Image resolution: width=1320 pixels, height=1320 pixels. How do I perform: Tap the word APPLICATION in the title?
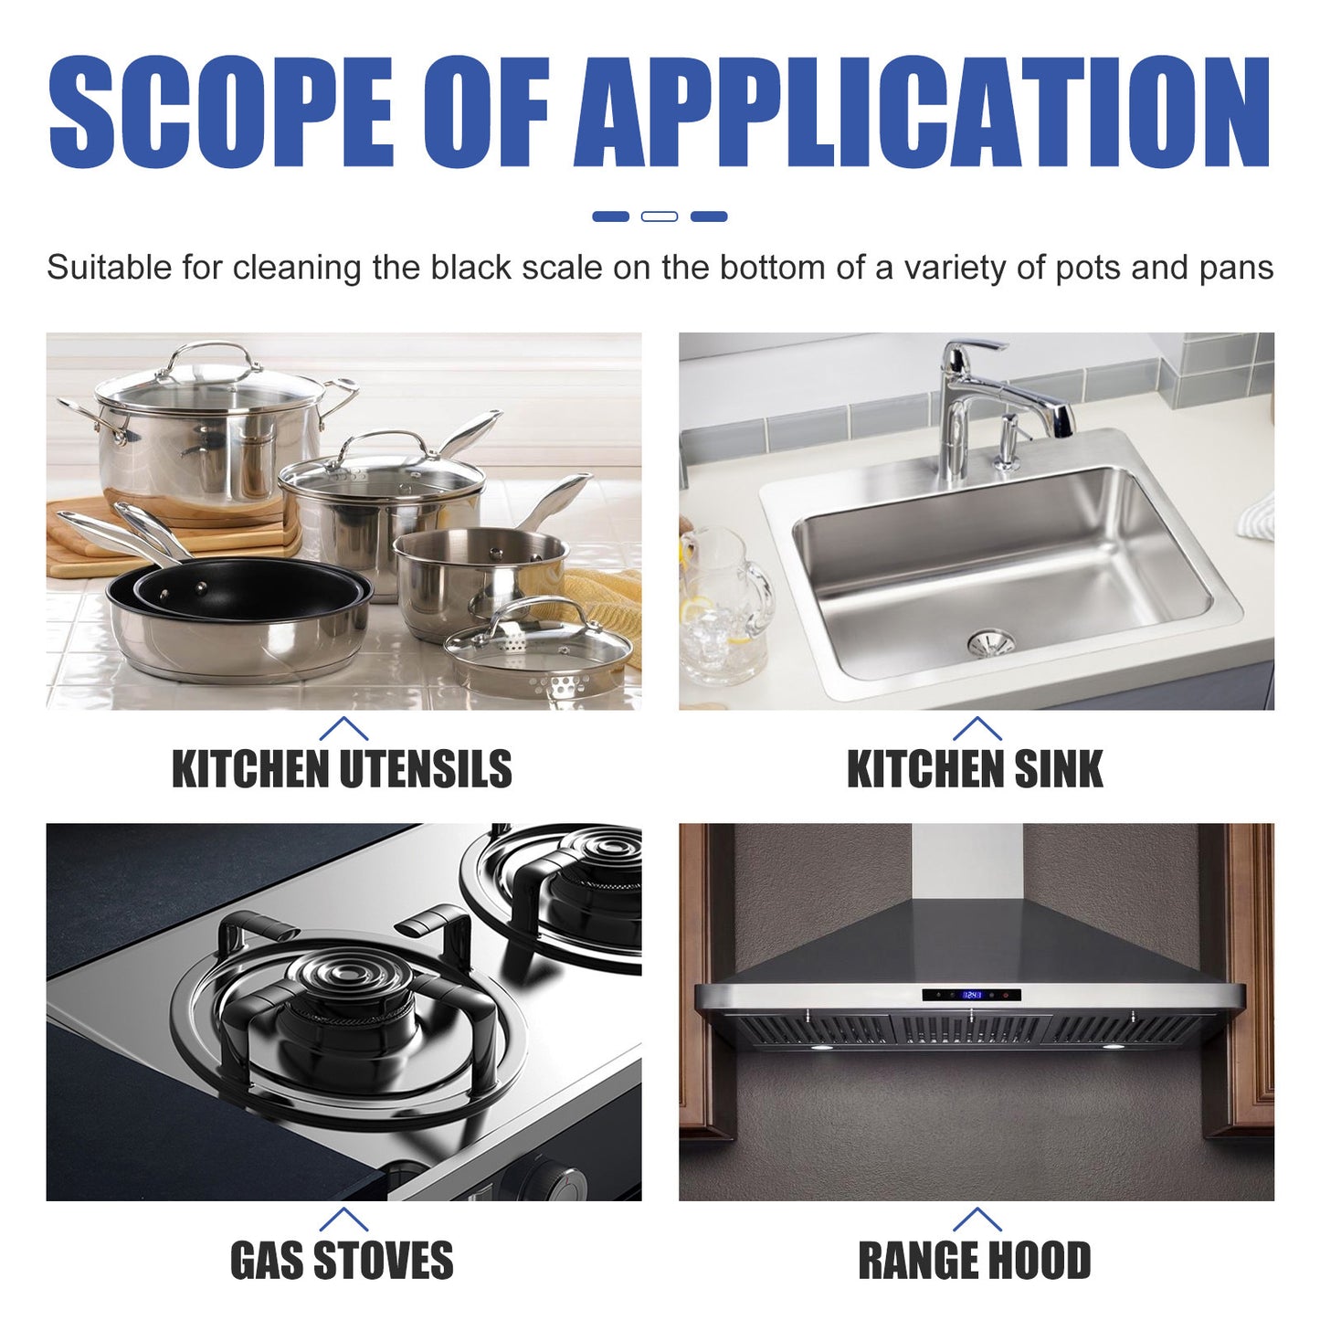pos(923,113)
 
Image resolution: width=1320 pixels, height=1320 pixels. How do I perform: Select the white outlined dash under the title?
pos(660,216)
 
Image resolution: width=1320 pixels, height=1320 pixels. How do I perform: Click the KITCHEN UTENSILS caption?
pos(342,768)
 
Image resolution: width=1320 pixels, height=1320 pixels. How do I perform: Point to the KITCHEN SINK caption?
pos(975,768)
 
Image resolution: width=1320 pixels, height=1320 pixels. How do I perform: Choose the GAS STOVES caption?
pos(342,1261)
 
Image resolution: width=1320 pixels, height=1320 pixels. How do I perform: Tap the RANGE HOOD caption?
pos(975,1261)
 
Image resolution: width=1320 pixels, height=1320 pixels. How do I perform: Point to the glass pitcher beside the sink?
pos(722,607)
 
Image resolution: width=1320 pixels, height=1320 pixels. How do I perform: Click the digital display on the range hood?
pos(971,995)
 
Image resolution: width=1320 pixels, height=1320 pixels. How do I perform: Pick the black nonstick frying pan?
pos(242,592)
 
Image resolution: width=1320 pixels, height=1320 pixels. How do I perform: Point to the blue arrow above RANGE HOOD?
pos(977,1219)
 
